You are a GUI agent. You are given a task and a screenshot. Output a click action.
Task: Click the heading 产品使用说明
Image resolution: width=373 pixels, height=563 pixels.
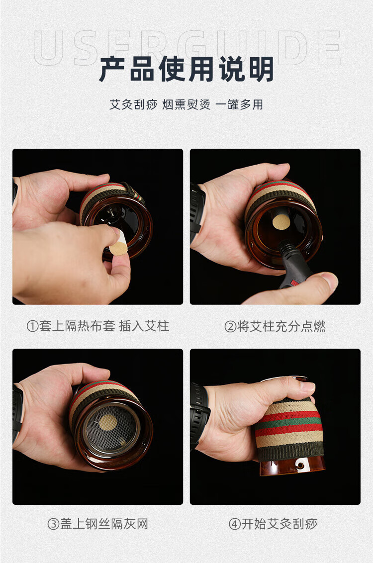186,69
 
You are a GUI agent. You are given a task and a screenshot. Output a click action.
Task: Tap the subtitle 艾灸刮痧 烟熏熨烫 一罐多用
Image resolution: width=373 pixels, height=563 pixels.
186,104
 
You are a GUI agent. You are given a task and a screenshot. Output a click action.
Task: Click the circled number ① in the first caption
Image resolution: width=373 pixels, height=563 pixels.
32,326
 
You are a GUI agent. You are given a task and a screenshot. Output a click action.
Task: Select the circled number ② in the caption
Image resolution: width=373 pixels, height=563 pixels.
230,326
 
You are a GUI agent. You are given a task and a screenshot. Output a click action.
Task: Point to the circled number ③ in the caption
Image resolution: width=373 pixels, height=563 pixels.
53,524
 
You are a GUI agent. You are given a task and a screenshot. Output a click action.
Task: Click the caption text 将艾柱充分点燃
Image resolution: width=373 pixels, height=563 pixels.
281,326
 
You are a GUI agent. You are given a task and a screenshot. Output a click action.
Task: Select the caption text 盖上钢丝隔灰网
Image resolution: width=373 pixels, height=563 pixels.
104,524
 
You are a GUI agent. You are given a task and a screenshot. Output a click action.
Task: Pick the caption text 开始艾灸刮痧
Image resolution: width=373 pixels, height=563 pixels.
280,524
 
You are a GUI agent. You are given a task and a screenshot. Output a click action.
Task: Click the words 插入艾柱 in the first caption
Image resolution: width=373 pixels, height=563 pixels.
144,326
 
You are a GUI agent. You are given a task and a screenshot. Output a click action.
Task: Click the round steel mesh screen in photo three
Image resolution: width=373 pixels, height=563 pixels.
110,429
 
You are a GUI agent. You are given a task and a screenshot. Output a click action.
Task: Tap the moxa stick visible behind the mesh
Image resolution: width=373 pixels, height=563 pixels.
107,423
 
